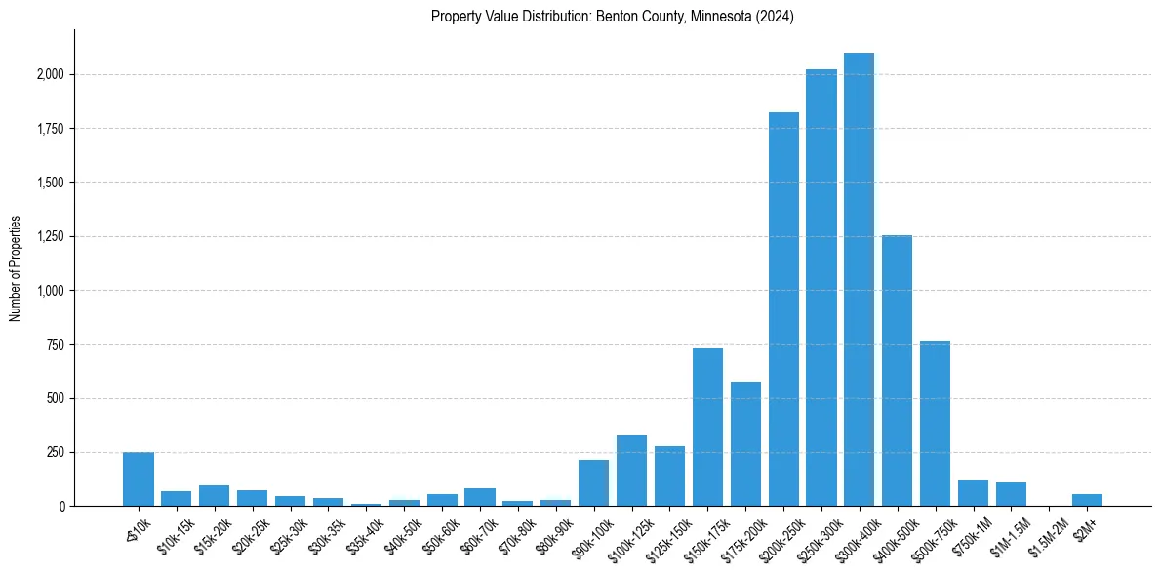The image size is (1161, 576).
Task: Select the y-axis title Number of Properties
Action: [x=16, y=268]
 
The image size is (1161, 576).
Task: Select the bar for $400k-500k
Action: [x=897, y=371]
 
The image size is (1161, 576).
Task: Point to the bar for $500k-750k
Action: [x=935, y=424]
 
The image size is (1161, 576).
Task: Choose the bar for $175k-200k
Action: [x=745, y=444]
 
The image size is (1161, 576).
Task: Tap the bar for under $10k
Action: [x=139, y=479]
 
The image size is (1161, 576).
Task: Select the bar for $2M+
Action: [x=1087, y=500]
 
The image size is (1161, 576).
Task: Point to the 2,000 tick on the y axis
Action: [x=50, y=74]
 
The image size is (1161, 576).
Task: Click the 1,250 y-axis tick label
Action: [x=50, y=236]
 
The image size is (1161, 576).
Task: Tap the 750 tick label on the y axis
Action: [x=55, y=345]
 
